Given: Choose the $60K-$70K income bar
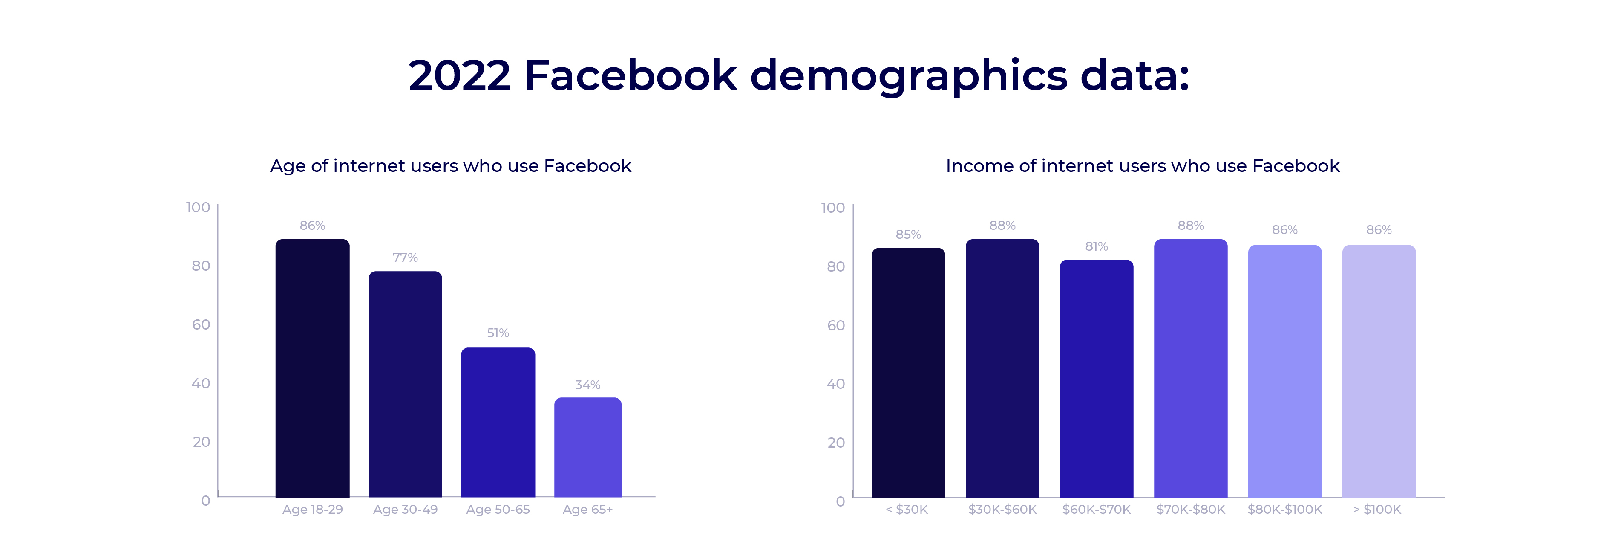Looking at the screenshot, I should (1096, 379).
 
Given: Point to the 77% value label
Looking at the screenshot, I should (405, 258).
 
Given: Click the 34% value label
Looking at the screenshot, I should (587, 385).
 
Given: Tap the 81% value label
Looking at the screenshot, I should (1096, 246).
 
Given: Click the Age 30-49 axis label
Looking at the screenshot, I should (405, 510).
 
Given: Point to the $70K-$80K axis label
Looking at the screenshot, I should (1190, 510).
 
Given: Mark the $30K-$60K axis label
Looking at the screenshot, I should (1002, 510).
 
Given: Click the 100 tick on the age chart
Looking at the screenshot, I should (198, 207).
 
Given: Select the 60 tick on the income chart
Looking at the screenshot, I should (835, 325).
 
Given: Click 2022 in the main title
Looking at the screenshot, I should (459, 76).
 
